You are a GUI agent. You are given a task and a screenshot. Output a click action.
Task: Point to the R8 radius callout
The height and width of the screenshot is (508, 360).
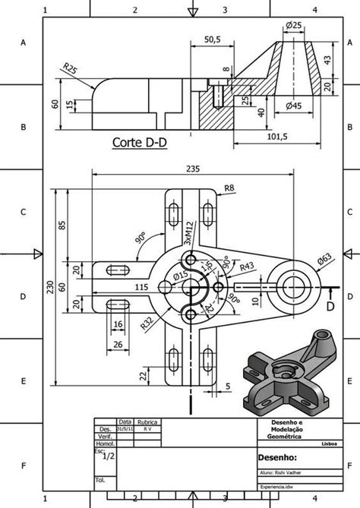(229, 188)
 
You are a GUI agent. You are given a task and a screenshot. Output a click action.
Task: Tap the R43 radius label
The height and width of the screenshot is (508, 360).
(247, 267)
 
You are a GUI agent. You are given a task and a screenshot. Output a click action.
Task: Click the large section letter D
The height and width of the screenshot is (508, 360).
(330, 306)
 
